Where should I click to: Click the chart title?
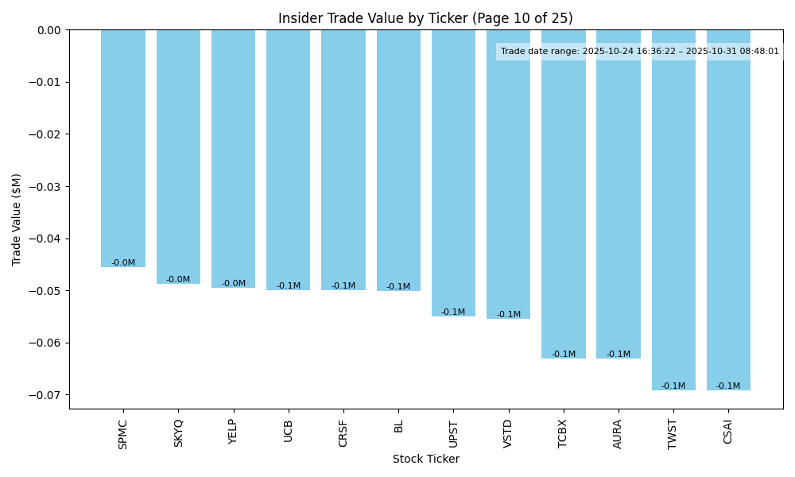point(425,18)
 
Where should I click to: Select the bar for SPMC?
point(123,148)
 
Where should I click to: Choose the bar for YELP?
point(233,159)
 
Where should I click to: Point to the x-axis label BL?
point(398,427)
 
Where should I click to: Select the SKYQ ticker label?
point(178,433)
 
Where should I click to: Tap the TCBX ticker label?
point(563,433)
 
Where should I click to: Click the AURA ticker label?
point(619,433)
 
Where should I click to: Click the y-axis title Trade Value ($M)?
point(17,219)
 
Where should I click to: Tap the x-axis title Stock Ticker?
point(425,460)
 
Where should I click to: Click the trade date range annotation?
point(639,52)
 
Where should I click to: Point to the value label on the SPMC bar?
point(123,263)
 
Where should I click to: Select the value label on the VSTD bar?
point(509,315)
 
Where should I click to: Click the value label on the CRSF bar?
point(343,286)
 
